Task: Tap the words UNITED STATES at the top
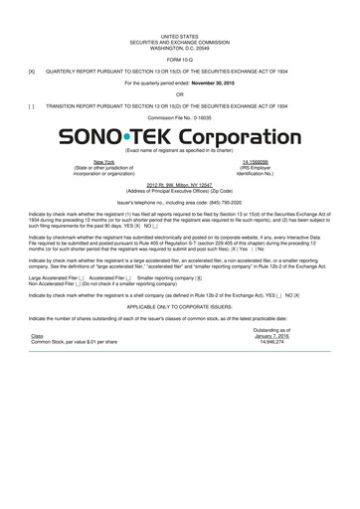(180, 33)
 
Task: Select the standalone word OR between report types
(180, 94)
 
